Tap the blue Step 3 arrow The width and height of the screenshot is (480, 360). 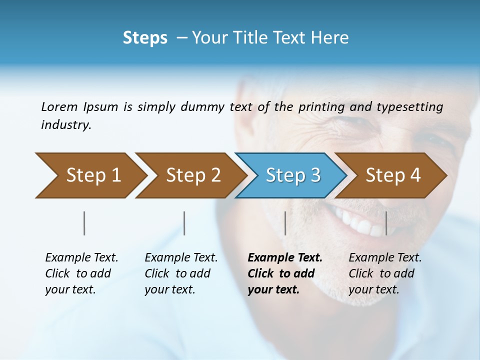pyautogui.click(x=291, y=175)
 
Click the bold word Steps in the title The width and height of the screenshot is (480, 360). pyautogui.click(x=145, y=38)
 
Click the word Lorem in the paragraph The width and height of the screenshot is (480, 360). pyautogui.click(x=59, y=106)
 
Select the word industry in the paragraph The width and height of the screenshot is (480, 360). pyautogui.click(x=65, y=125)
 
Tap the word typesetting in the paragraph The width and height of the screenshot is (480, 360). pyautogui.click(x=409, y=106)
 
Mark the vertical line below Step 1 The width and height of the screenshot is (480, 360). pyautogui.click(x=84, y=223)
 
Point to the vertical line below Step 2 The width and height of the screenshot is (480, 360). pyautogui.click(x=184, y=223)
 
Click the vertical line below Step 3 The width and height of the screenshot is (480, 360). pyautogui.click(x=285, y=223)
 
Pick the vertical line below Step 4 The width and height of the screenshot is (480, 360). pyautogui.click(x=386, y=223)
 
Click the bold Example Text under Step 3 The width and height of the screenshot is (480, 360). pyautogui.click(x=285, y=258)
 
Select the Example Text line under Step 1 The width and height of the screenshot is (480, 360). pyautogui.click(x=81, y=258)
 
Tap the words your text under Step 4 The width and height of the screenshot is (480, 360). pyautogui.click(x=373, y=289)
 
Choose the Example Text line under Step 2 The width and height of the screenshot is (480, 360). pyautogui.click(x=181, y=258)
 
